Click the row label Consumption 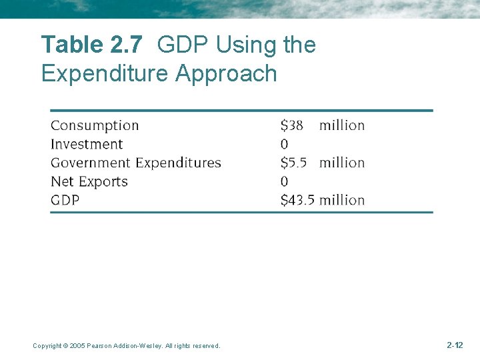95,125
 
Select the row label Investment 87,144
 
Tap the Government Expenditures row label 135,163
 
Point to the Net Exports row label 89,181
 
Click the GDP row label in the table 65,200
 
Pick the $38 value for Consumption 291,125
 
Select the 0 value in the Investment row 285,144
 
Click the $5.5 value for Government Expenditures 294,163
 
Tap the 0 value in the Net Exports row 285,181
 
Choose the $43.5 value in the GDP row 297,200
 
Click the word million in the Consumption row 342,125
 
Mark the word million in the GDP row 342,200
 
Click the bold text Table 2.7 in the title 91,45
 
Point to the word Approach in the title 226,73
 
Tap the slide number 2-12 454,345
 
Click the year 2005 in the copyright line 77,346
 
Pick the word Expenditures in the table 178,163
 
